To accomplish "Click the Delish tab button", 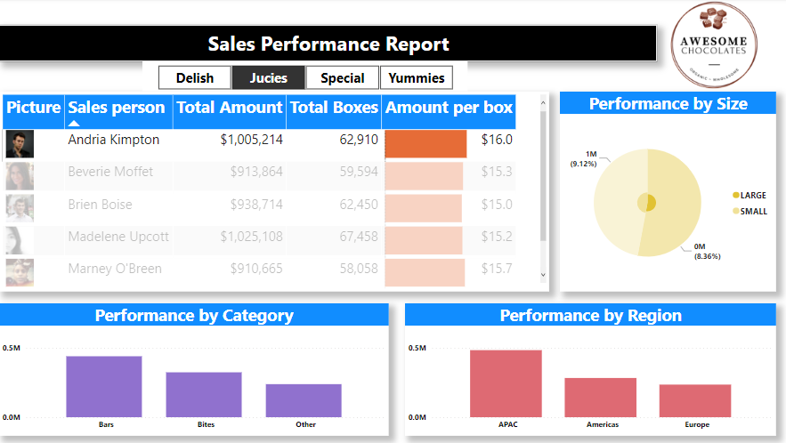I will click(194, 78).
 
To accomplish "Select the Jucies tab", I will click(268, 78).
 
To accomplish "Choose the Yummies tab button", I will click(417, 78).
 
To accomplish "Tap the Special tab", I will click(342, 78).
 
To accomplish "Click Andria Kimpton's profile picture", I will click(20, 143).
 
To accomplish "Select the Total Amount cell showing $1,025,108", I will click(255, 237).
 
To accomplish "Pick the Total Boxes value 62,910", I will click(352, 140).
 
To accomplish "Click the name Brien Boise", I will click(100, 205).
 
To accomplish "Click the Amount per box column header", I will click(449, 108).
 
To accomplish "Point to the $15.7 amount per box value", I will click(497, 269).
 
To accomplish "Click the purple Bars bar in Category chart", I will click(104, 386).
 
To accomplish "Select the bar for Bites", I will click(204, 394).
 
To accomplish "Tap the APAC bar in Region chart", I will click(506, 383).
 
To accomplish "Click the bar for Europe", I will click(695, 400).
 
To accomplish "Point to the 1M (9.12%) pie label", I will click(585, 158).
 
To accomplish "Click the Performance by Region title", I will click(590, 316).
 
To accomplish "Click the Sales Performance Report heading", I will click(328, 44).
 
